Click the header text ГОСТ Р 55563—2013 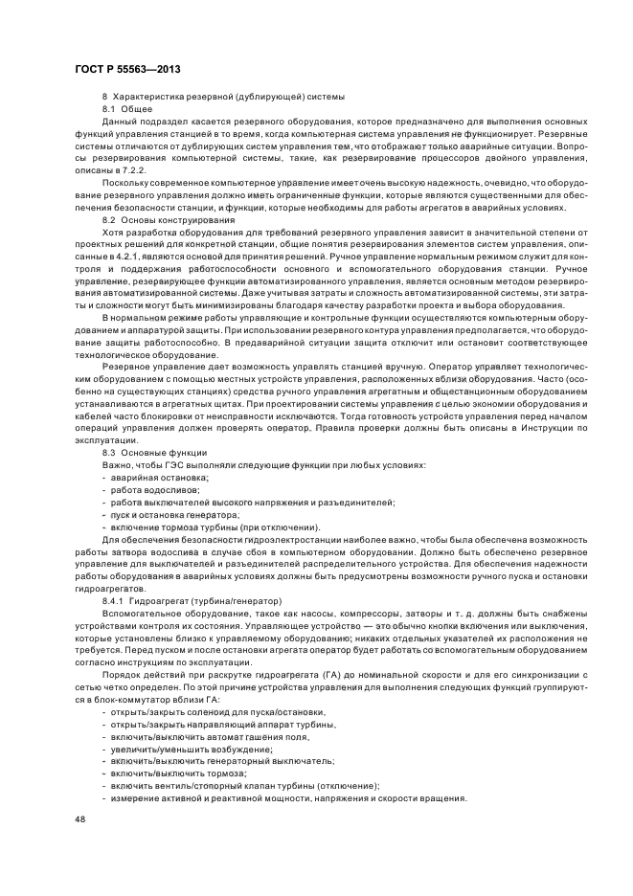pos(126,70)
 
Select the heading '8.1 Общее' pos(121,110)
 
